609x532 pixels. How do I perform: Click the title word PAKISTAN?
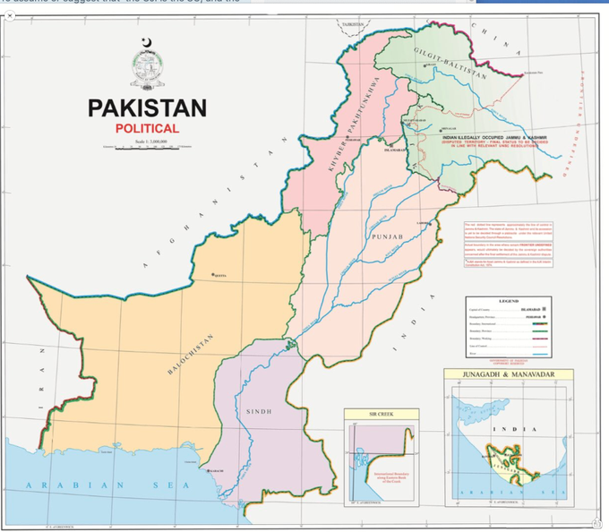coord(147,108)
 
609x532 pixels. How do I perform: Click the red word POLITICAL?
coord(147,129)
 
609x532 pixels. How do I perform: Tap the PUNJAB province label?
coord(387,236)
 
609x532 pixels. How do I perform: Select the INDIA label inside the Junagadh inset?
coord(516,429)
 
